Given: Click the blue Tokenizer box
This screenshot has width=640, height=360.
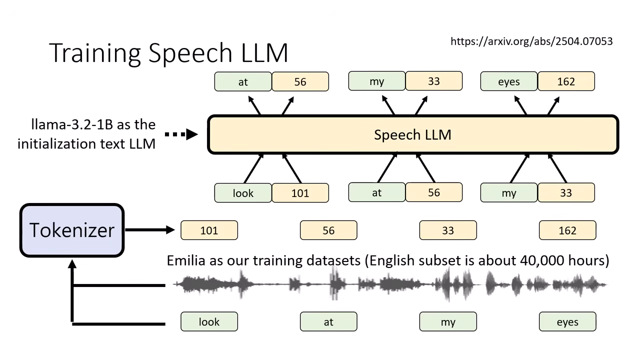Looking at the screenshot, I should [x=72, y=230].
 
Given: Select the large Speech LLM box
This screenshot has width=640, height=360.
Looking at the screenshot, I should [x=413, y=134].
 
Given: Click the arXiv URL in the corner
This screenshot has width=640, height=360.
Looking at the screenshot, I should [x=531, y=41].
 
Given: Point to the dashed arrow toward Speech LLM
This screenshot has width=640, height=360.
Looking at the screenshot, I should [x=181, y=134].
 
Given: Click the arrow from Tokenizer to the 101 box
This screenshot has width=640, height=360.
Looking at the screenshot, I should [x=150, y=230].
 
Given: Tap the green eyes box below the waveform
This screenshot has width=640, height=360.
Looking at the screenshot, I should [x=567, y=322].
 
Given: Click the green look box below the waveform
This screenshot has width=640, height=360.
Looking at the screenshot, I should [x=209, y=322].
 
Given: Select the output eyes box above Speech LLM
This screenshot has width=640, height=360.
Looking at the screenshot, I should [x=509, y=81].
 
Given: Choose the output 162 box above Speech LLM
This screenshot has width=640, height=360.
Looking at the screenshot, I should [x=566, y=81].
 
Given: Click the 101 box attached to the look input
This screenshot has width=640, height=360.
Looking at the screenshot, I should [x=300, y=193].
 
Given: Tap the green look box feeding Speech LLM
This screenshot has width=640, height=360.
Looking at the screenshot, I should [x=243, y=193].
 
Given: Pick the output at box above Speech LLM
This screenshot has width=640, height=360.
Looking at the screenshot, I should [x=243, y=81].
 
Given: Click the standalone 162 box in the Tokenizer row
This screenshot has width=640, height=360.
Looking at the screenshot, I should [x=567, y=230].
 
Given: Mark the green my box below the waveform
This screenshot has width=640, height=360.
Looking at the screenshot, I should [x=448, y=322].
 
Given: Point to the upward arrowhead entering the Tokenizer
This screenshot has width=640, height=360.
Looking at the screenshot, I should [x=72, y=263].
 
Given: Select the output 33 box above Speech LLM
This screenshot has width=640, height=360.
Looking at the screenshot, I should [x=434, y=81].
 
